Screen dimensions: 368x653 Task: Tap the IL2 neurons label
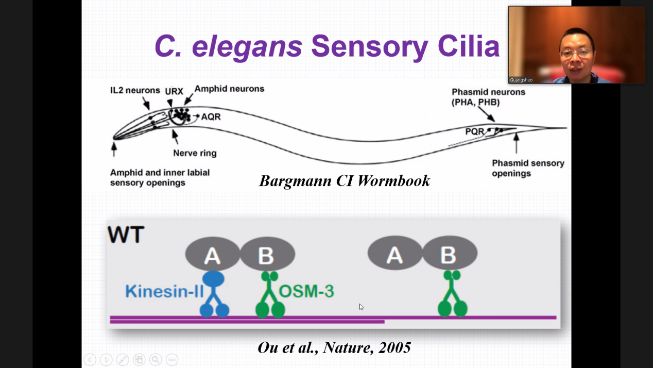pos(135,90)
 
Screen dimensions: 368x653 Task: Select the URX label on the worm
pos(174,91)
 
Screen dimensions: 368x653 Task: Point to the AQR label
pos(211,116)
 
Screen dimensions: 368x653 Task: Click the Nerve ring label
pos(195,153)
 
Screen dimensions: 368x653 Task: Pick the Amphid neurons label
pos(229,89)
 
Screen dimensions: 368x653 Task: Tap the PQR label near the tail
pos(474,132)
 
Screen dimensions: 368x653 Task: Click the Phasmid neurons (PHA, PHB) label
pos(488,97)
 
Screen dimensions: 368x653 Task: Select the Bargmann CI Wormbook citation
pos(344,181)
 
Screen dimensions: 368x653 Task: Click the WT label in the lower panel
pos(126,235)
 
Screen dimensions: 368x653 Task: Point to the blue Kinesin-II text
pos(164,292)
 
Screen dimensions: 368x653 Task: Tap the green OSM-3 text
pos(306,292)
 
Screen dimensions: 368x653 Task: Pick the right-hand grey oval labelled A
pos(394,254)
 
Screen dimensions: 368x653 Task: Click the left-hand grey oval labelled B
pos(267,254)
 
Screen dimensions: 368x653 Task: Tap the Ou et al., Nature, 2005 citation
pos(334,348)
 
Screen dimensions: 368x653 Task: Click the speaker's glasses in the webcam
pos(576,53)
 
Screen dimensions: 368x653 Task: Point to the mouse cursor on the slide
pos(361,307)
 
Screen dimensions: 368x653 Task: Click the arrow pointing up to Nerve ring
pos(176,136)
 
